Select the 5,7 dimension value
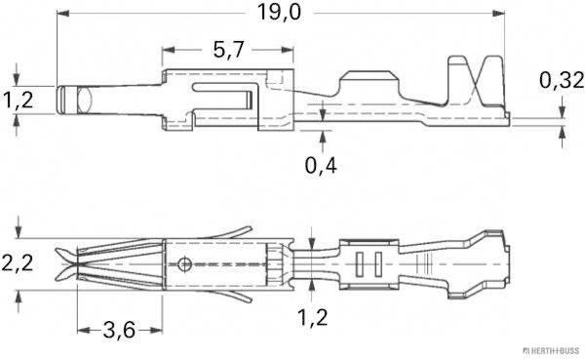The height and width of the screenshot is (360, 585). click(x=226, y=49)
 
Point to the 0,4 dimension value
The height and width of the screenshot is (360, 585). click(x=322, y=165)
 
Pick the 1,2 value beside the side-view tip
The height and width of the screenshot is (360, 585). click(x=19, y=99)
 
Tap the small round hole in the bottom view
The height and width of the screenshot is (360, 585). click(x=184, y=262)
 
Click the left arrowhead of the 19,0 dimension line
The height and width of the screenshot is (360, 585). click(x=62, y=15)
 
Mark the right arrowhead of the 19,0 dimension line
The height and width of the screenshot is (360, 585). click(x=507, y=15)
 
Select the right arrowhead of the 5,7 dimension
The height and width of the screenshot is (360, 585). click(x=290, y=49)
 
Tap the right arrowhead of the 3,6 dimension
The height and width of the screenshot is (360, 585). click(x=160, y=330)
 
